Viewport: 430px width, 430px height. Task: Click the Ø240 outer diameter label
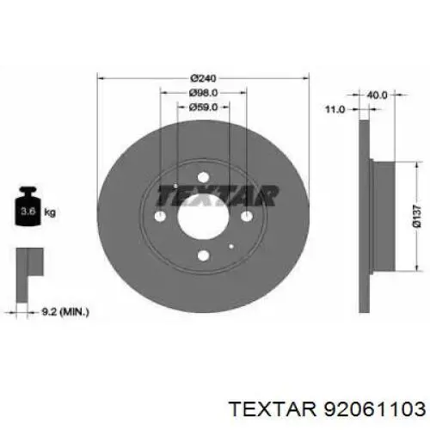(x=202, y=77)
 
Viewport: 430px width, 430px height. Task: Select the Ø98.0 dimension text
(x=202, y=93)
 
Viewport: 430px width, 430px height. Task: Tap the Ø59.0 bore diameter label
(x=202, y=107)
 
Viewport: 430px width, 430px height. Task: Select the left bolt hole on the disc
(x=160, y=217)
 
